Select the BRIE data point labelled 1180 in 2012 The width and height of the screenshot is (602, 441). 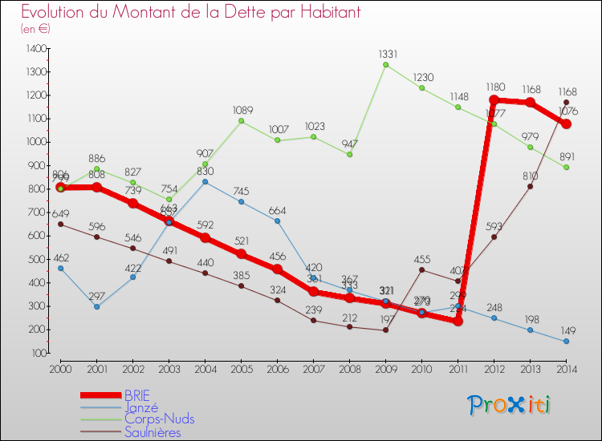click(494, 100)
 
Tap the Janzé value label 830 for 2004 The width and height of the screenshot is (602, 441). click(205, 171)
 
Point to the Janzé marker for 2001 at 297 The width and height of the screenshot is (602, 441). click(96, 306)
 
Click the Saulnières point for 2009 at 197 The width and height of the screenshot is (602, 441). click(385, 330)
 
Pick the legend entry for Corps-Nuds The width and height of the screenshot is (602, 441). click(159, 419)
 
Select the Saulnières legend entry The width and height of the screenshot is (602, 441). click(153, 432)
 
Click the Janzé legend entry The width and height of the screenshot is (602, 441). click(141, 407)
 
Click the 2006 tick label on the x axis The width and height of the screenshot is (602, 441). click(277, 368)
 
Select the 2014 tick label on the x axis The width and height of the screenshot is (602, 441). click(566, 368)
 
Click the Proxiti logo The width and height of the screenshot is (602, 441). click(510, 405)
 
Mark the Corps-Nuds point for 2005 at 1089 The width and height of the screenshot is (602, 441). click(241, 121)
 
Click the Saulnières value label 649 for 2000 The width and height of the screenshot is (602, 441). click(60, 213)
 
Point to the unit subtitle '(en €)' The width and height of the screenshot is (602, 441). click(35, 29)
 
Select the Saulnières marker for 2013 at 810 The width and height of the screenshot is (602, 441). click(530, 186)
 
